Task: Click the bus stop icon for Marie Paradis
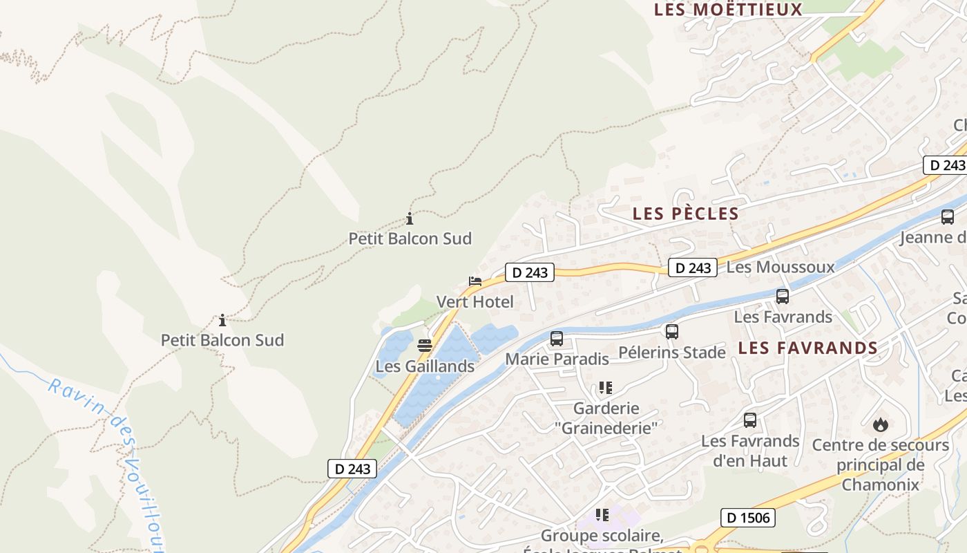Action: [x=557, y=339]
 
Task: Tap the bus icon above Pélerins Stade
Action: [x=672, y=332]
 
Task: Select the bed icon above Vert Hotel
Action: [x=475, y=281]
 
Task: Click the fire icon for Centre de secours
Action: [x=880, y=424]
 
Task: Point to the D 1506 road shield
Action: [x=749, y=517]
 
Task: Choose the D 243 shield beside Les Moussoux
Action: [x=692, y=268]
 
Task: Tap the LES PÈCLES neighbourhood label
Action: [x=685, y=214]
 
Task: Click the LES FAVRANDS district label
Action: [x=807, y=348]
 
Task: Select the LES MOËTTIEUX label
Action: [x=728, y=10]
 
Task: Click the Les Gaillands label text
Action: [x=425, y=366]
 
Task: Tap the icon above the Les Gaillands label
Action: [x=425, y=346]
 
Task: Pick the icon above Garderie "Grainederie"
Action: [x=606, y=388]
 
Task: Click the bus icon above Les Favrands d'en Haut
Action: [x=750, y=420]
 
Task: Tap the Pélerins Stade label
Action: [x=671, y=353]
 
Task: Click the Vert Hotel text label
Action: [x=475, y=301]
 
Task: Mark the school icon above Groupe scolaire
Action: [x=602, y=515]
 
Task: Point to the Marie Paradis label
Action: [x=557, y=359]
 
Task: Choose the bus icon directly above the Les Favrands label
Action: [x=783, y=297]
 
